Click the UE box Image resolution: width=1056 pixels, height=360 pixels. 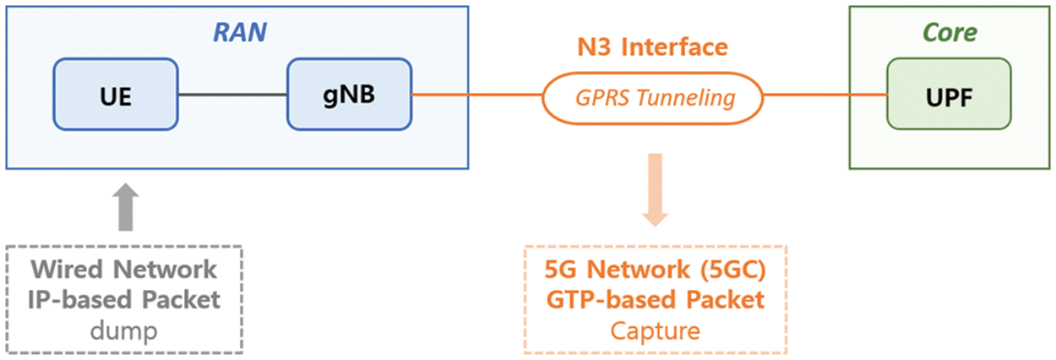115,95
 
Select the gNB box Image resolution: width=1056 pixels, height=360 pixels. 348,95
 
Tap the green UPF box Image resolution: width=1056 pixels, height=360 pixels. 949,95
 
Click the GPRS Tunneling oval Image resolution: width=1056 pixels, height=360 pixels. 651,96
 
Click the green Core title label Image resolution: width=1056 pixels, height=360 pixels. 950,33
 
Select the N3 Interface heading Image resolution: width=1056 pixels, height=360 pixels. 651,46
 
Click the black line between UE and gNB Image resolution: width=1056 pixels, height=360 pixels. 232,95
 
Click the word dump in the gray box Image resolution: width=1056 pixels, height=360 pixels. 124,330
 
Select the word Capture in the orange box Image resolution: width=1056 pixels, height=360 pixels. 656,330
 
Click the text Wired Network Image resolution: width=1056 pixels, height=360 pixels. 124,270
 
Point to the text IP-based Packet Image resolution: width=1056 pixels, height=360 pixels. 124,300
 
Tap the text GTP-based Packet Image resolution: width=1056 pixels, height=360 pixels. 656,300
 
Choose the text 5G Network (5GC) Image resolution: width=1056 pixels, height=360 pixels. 656,270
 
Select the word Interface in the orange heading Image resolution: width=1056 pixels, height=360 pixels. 674,46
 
